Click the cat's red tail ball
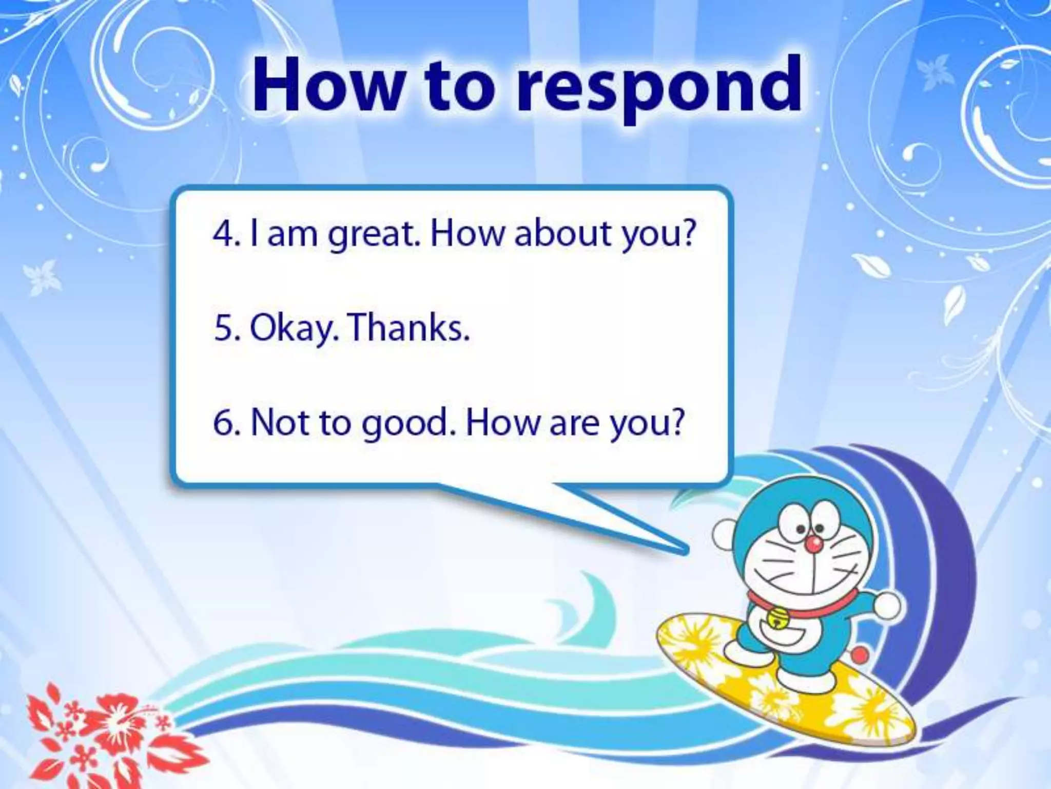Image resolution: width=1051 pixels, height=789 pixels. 861,654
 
